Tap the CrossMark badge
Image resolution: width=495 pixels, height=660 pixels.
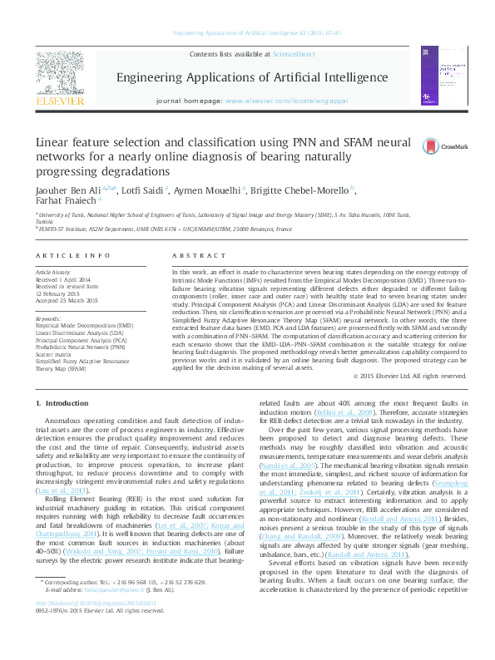[433, 146]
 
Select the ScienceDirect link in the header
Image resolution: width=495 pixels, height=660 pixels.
[295, 54]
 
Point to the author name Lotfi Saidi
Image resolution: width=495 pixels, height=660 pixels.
[146, 190]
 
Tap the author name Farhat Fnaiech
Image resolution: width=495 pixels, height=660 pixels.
[63, 199]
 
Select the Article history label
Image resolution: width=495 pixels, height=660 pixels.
[53, 273]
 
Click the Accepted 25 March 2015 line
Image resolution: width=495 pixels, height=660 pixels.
[67, 299]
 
